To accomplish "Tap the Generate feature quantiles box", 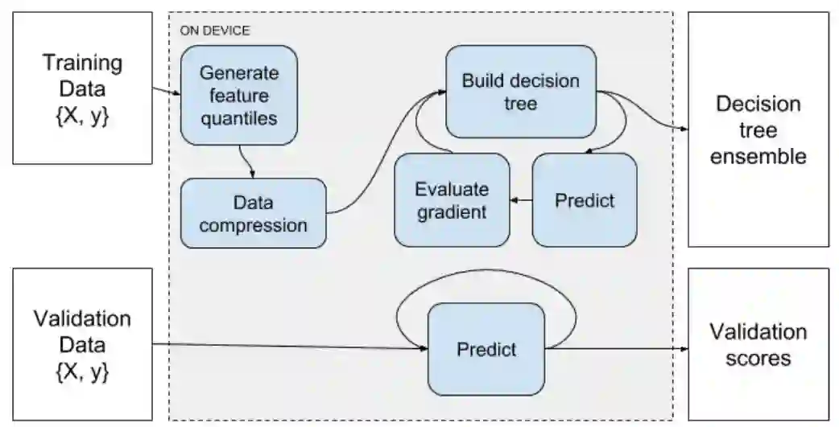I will tap(238, 95).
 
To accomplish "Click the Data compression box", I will tap(254, 213).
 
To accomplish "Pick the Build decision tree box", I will tap(520, 92).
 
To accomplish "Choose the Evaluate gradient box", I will tap(452, 200).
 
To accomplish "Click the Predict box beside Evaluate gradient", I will tap(585, 200).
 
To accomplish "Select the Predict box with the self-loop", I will tap(486, 349).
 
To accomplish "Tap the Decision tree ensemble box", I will tap(758, 129).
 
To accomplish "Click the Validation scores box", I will tap(758, 344).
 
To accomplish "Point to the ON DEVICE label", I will tap(215, 31).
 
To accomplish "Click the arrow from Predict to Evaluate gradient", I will tap(522, 200).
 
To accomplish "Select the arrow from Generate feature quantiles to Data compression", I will tap(248, 161).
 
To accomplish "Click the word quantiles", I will tap(238, 118).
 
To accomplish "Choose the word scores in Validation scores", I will tap(758, 358).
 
